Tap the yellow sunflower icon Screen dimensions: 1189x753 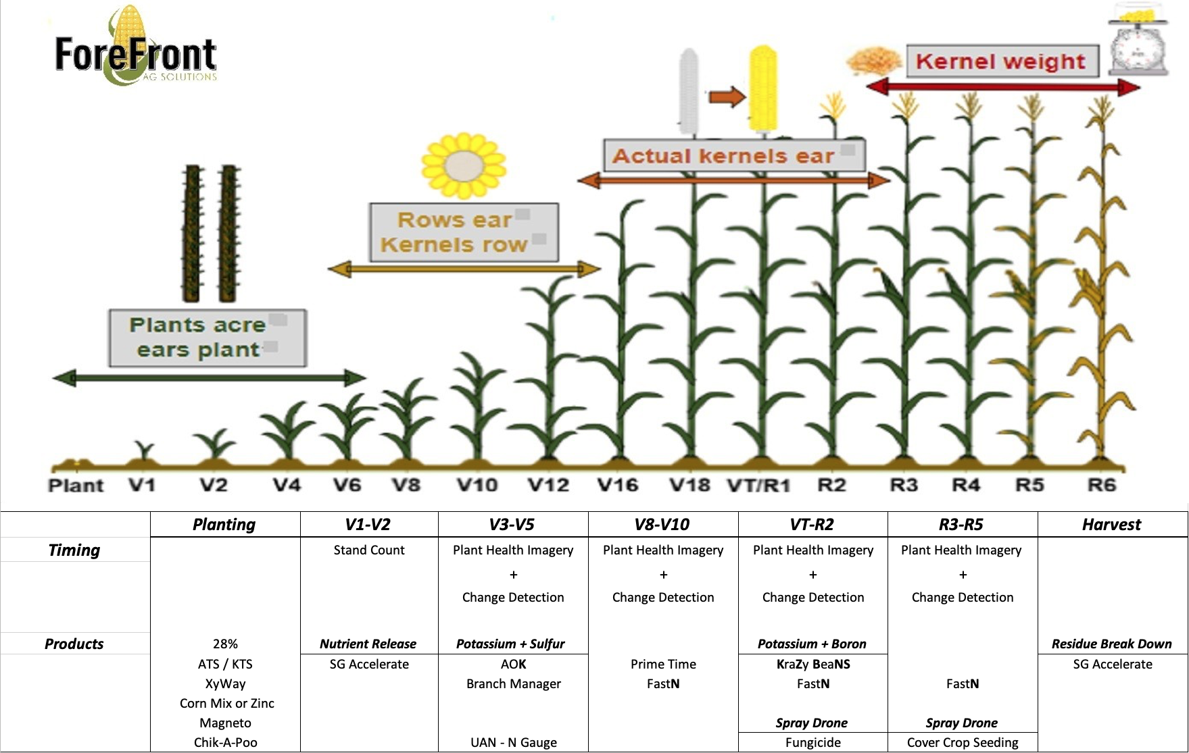click(463, 165)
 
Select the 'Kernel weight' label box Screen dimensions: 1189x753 click(1001, 61)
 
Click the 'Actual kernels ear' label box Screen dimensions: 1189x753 click(733, 155)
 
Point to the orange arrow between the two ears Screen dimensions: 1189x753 click(726, 97)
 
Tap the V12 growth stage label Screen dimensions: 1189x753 click(548, 485)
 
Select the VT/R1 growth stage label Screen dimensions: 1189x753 click(758, 486)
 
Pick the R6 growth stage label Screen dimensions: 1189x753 click(1101, 485)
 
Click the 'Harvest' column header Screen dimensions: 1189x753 click(1111, 525)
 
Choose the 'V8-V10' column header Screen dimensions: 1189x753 click(662, 525)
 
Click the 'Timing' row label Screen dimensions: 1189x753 click(74, 550)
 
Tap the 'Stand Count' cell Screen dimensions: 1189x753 click(369, 550)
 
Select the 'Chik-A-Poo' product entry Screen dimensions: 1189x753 click(226, 742)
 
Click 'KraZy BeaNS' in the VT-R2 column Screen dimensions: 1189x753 click(813, 664)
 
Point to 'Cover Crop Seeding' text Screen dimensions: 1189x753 click(963, 742)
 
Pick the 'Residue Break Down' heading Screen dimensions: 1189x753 click(1111, 644)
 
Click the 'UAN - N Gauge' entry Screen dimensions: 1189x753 click(514, 742)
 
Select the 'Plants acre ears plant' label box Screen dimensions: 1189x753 click(208, 338)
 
